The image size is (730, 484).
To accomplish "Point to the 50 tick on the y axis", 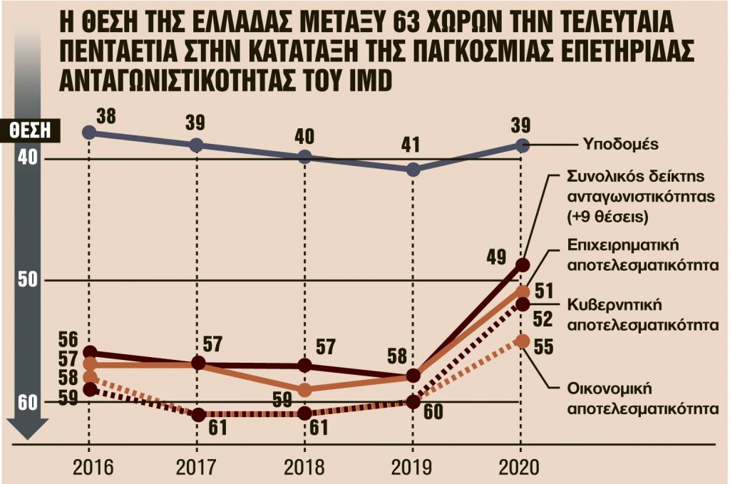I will tap(28, 280).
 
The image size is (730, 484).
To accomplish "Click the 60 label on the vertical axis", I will tap(28, 402).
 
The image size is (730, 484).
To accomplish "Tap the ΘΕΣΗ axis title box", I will tap(31, 130).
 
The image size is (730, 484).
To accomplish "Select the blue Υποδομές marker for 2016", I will tap(88, 132).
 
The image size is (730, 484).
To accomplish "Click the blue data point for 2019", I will tap(413, 170).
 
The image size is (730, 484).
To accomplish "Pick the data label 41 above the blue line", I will tap(412, 147).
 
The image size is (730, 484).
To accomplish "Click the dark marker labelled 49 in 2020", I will tap(522, 265).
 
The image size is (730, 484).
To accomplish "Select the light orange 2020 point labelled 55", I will tap(522, 341).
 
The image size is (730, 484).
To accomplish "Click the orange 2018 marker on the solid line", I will tap(304, 390).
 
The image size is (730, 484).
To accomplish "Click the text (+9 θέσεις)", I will tap(611, 215).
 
